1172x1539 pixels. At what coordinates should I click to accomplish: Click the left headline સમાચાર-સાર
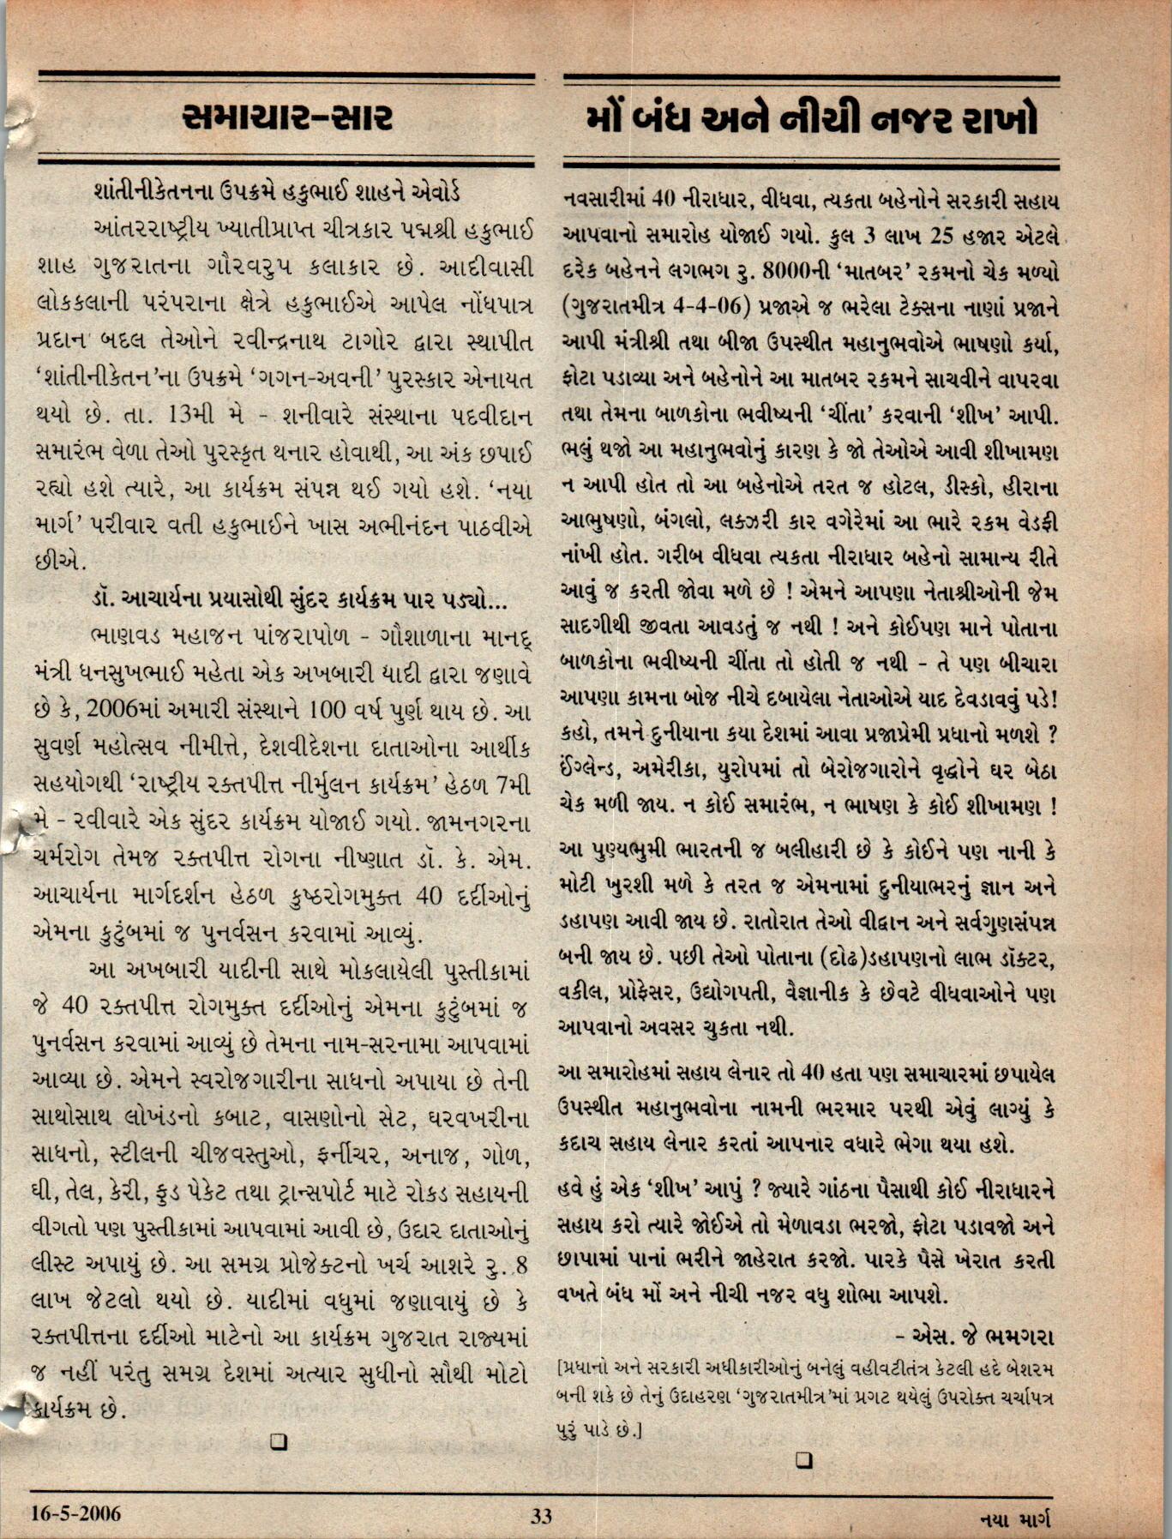point(287,118)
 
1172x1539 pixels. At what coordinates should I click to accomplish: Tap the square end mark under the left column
point(278,1442)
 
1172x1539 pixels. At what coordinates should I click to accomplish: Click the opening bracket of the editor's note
point(561,1366)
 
